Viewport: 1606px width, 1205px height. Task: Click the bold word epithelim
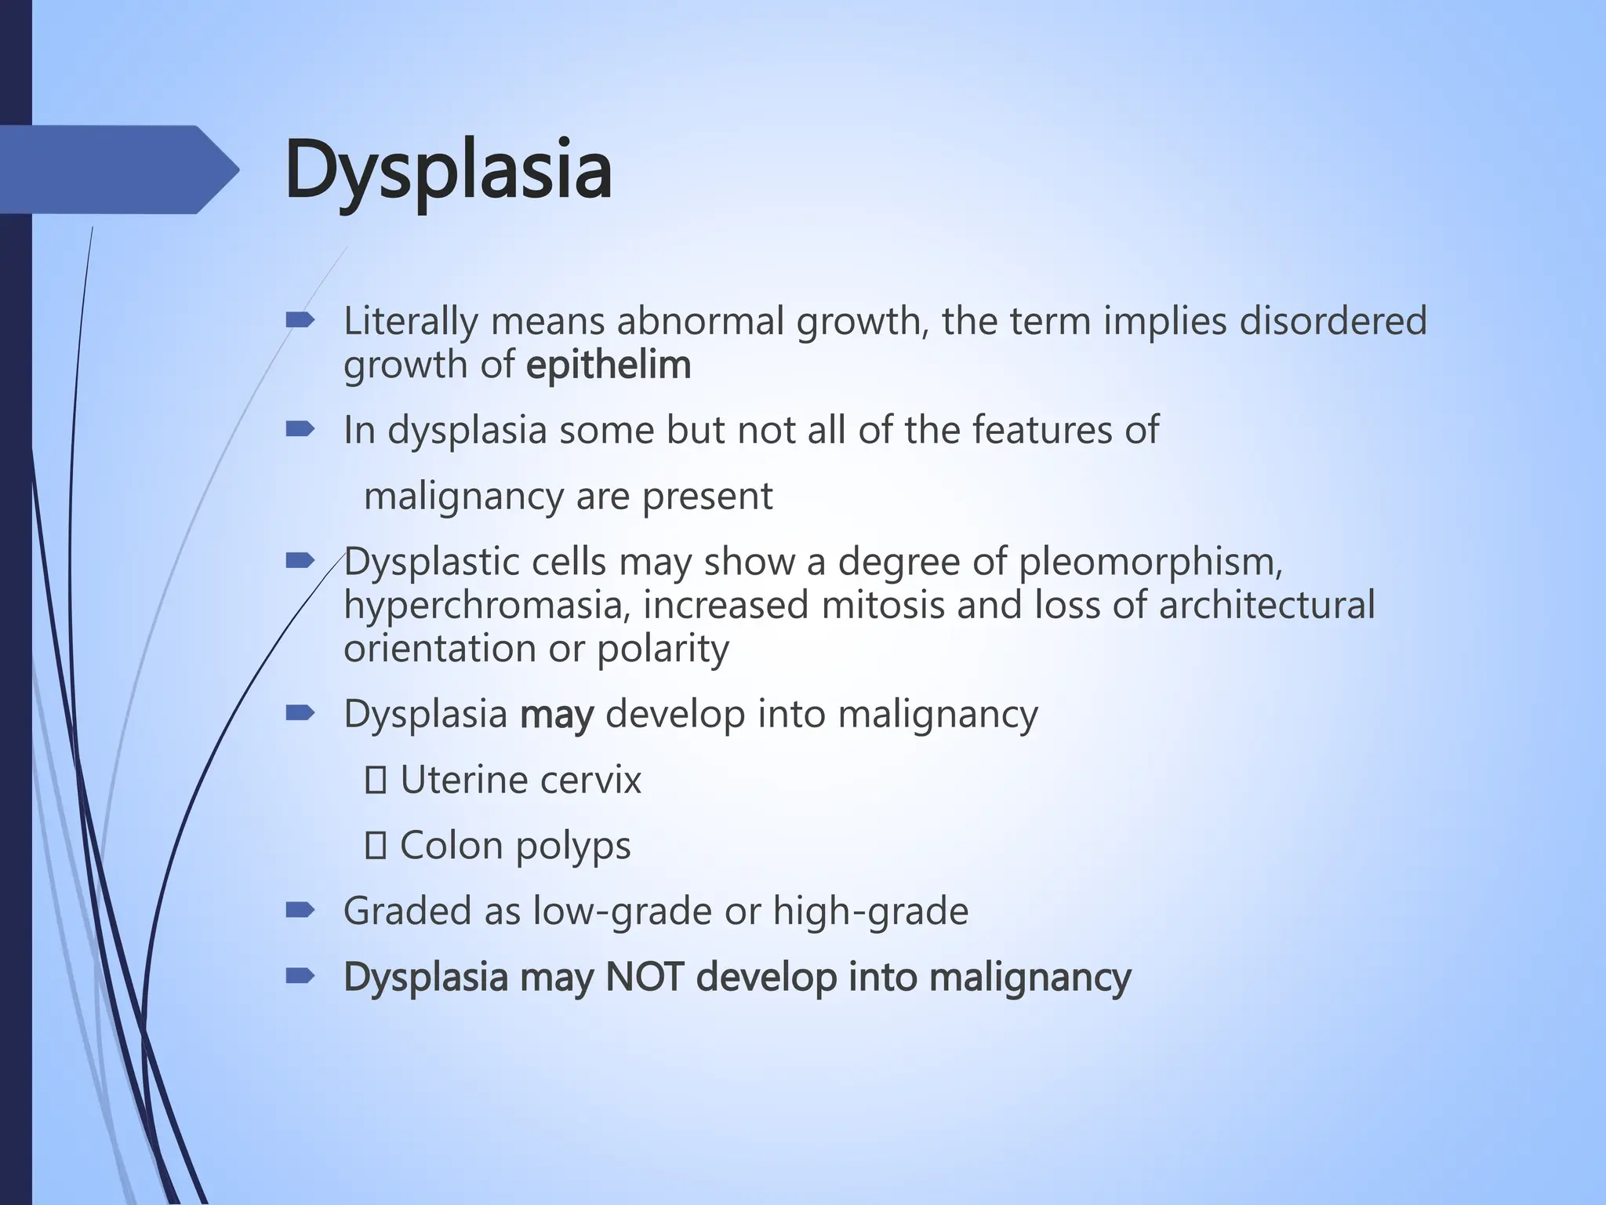coord(609,365)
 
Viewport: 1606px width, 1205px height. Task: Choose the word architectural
coord(1266,605)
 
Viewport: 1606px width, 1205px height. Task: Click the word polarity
coord(663,648)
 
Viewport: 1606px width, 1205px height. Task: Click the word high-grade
coord(870,911)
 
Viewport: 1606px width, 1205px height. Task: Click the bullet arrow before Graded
coord(300,910)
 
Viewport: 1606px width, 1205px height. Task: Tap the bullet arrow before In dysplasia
coord(300,429)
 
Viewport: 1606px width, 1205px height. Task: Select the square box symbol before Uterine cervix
coord(376,781)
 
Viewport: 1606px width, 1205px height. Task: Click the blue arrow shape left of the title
coord(118,169)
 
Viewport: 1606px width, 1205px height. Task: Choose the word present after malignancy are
coord(707,496)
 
